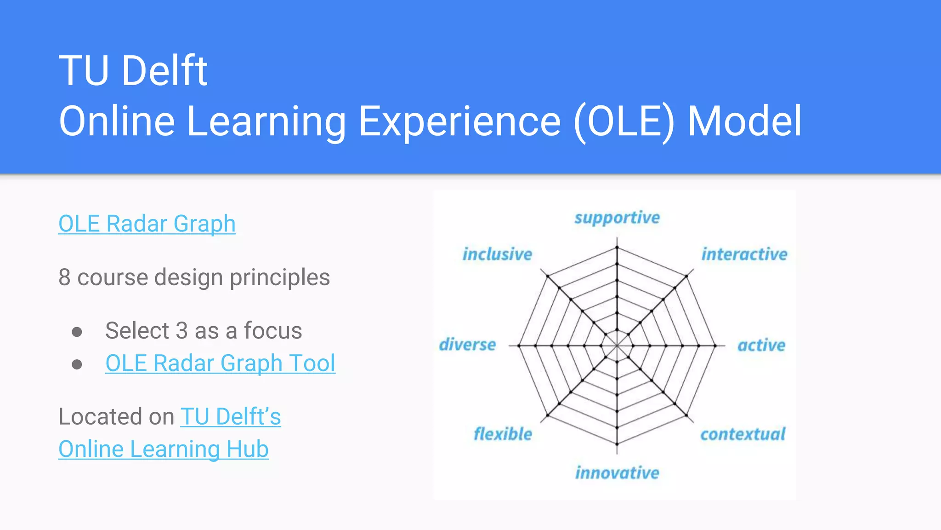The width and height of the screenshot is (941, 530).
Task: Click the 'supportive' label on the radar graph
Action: [617, 218]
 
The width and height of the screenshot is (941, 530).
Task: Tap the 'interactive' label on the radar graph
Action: [744, 254]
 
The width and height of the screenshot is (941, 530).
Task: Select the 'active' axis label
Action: [761, 345]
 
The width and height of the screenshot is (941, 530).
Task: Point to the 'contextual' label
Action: [743, 434]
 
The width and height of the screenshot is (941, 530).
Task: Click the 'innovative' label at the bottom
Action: [617, 473]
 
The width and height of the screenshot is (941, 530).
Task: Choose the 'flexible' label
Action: [503, 434]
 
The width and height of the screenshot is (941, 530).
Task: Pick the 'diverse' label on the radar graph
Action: [467, 345]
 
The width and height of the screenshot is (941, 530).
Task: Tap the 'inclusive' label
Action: [497, 254]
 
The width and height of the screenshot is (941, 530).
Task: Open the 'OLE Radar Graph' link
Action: [147, 224]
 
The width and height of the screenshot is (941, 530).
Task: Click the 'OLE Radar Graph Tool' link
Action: [220, 363]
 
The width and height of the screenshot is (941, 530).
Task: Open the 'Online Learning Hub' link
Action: [163, 449]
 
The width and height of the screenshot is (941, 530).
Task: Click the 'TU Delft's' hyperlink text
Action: [231, 417]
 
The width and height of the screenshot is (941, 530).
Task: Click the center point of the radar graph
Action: [617, 345]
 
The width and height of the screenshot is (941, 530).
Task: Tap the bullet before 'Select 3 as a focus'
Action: [77, 332]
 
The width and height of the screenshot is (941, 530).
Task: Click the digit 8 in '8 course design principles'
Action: [65, 277]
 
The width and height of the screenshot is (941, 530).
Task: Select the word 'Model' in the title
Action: [744, 121]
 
